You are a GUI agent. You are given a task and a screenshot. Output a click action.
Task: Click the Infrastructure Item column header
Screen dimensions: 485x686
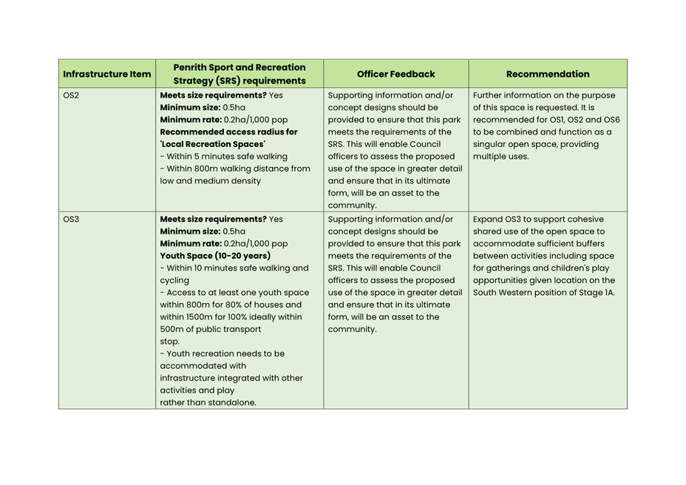point(107,74)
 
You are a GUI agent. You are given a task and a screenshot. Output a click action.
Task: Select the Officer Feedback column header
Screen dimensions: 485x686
point(395,74)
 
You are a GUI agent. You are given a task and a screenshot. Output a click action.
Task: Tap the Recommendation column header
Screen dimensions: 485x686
point(548,74)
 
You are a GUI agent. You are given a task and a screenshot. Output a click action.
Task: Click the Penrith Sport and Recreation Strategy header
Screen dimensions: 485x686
point(240,74)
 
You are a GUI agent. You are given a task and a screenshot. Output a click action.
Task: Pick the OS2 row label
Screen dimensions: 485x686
point(71,95)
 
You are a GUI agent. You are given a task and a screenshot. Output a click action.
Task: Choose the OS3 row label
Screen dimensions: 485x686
point(71,220)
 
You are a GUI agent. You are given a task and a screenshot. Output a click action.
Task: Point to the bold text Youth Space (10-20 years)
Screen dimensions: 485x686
point(215,256)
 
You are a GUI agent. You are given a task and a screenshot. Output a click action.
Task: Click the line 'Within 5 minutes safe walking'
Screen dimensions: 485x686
point(224,156)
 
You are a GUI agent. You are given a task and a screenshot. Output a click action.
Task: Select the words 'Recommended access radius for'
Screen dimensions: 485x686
point(228,132)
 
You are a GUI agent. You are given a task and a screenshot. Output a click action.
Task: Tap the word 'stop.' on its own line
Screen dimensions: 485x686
point(170,342)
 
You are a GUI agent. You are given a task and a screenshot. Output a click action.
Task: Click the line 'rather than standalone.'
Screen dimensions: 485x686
point(208,403)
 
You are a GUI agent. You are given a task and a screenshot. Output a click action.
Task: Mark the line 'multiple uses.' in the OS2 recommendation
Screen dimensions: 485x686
point(500,156)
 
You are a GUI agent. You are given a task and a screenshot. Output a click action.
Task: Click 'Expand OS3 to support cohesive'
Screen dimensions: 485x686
point(537,220)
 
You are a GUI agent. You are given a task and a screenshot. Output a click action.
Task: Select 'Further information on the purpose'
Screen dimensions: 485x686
point(543,95)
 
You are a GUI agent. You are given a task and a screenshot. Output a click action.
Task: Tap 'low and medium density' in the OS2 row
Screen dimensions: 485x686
point(210,180)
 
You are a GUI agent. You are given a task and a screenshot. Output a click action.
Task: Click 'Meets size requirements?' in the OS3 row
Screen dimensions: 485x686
point(212,220)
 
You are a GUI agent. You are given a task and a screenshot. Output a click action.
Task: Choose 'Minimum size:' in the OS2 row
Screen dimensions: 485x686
point(190,107)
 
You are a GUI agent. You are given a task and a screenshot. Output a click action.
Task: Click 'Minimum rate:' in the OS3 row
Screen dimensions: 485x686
point(190,243)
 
